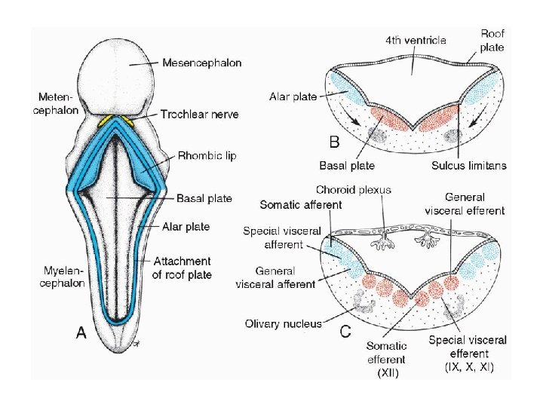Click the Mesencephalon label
point(201,63)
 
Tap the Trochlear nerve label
point(199,115)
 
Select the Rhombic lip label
point(207,156)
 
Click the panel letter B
point(334,141)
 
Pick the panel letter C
point(346,329)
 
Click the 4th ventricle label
point(416,40)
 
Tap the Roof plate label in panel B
point(492,40)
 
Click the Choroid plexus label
point(354,190)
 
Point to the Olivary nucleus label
point(283,324)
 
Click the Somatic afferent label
point(300,204)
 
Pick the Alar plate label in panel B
point(292,96)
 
